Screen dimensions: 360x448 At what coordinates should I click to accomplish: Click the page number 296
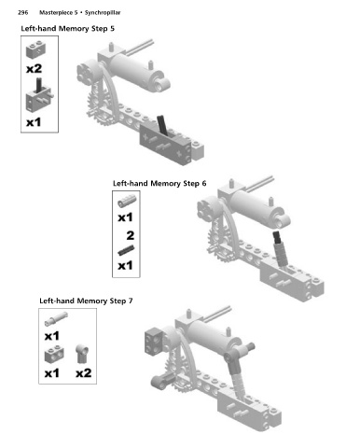23,13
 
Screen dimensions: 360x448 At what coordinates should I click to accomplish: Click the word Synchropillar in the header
103,13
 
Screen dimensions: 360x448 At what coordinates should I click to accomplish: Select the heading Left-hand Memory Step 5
68,29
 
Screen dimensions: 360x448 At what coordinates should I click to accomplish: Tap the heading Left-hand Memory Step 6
159,183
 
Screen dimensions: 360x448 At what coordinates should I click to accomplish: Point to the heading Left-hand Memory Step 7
86,301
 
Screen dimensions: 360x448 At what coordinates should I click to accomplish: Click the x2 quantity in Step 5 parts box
34,68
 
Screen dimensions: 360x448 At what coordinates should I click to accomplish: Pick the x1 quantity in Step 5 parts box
34,122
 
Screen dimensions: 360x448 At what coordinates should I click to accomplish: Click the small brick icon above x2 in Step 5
35,49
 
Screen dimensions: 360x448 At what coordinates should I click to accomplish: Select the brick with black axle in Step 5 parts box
38,95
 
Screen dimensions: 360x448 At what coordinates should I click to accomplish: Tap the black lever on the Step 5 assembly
162,126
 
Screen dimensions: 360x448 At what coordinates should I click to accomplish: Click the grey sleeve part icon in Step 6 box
127,201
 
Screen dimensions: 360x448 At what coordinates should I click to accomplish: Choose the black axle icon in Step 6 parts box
126,250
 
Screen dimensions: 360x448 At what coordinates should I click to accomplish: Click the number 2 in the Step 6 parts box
131,235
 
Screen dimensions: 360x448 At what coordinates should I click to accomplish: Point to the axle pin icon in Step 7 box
56,318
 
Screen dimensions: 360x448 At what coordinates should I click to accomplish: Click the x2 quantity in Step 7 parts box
84,372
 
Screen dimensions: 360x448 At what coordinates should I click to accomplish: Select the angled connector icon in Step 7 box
82,354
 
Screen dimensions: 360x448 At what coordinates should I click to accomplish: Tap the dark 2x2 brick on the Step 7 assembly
155,341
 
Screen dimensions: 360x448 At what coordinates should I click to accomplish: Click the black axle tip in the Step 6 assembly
277,237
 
